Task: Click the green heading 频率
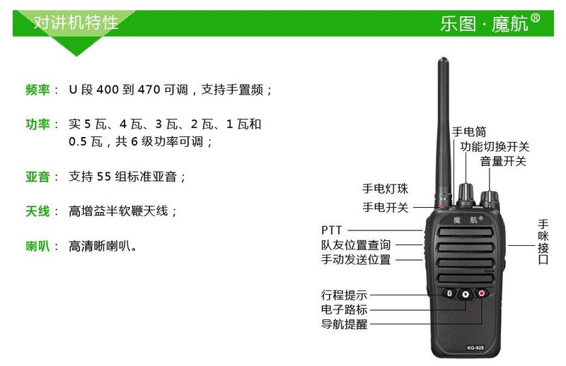coord(37,90)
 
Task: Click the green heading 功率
coord(37,124)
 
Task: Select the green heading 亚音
coord(37,177)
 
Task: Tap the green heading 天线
coord(37,211)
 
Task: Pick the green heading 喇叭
coord(37,247)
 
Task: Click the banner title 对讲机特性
coord(76,23)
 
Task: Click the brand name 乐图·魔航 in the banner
coord(490,23)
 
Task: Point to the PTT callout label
coord(331,230)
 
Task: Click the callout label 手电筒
coord(469,131)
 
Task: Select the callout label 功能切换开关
coord(495,146)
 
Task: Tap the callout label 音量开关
coord(503,161)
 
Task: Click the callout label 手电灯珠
coord(385,188)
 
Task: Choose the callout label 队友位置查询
coord(356,245)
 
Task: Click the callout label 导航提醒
coord(344,324)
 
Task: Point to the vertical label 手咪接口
coord(543,242)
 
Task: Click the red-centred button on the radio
coord(482,293)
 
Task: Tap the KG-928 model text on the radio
coord(475,348)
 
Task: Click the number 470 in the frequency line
coord(149,90)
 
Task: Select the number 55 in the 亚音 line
coord(103,177)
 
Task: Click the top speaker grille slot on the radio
coord(466,232)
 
